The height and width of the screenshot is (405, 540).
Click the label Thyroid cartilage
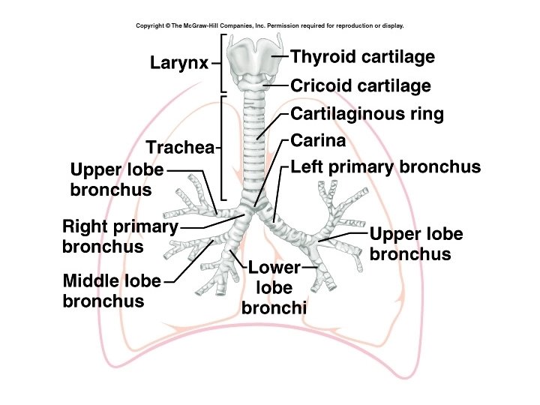pos(362,57)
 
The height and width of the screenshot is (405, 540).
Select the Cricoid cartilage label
pos(360,85)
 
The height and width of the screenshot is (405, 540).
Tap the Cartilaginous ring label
pos(367,114)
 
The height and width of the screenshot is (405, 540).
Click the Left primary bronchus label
pos(385,166)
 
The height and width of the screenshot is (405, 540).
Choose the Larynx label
pos(178,63)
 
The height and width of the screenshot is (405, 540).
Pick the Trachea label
pos(180,148)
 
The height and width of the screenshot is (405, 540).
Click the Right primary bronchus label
pos(120,235)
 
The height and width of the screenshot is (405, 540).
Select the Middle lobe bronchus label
pos(112,291)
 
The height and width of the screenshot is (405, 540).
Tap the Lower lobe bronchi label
pos(274,286)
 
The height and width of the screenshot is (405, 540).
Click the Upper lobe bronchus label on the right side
pos(416,244)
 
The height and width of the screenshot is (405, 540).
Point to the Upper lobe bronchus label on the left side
pos(116,179)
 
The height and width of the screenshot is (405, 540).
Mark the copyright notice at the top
pos(270,25)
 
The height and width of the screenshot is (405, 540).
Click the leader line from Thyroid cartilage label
pos(279,57)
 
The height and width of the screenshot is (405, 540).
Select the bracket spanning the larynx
pos(222,64)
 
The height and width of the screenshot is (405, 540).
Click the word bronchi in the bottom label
pos(274,307)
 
